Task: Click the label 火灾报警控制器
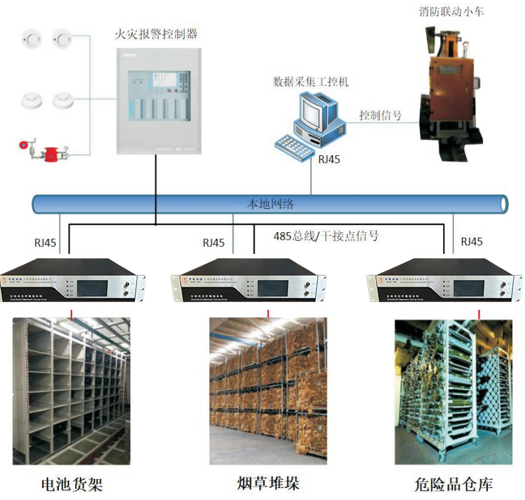tap(156, 33)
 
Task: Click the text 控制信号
tap(380, 115)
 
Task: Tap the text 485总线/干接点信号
tap(326, 236)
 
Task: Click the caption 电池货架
tap(72, 484)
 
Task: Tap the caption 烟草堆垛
tap(268, 483)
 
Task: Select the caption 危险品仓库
tap(453, 484)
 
